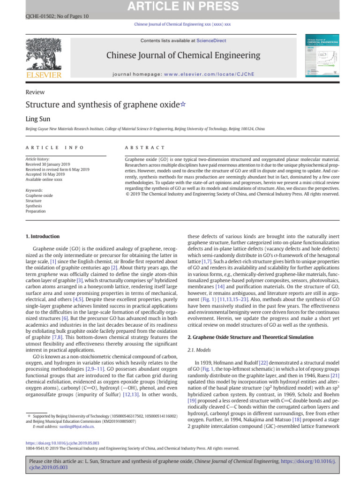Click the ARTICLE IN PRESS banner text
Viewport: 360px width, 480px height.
180,7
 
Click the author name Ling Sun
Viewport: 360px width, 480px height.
37,120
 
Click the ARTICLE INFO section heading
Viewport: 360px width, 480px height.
54,148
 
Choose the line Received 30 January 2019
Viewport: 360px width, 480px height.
47,164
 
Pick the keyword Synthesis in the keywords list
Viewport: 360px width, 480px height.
34,206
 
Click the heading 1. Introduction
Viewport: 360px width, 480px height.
42,236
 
